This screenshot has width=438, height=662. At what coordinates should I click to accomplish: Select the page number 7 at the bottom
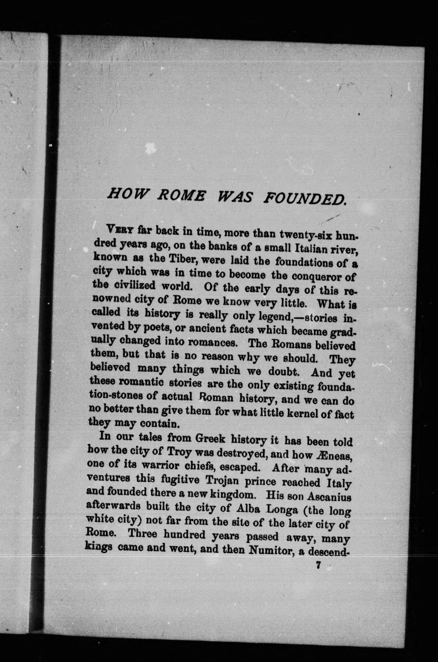tap(318, 565)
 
